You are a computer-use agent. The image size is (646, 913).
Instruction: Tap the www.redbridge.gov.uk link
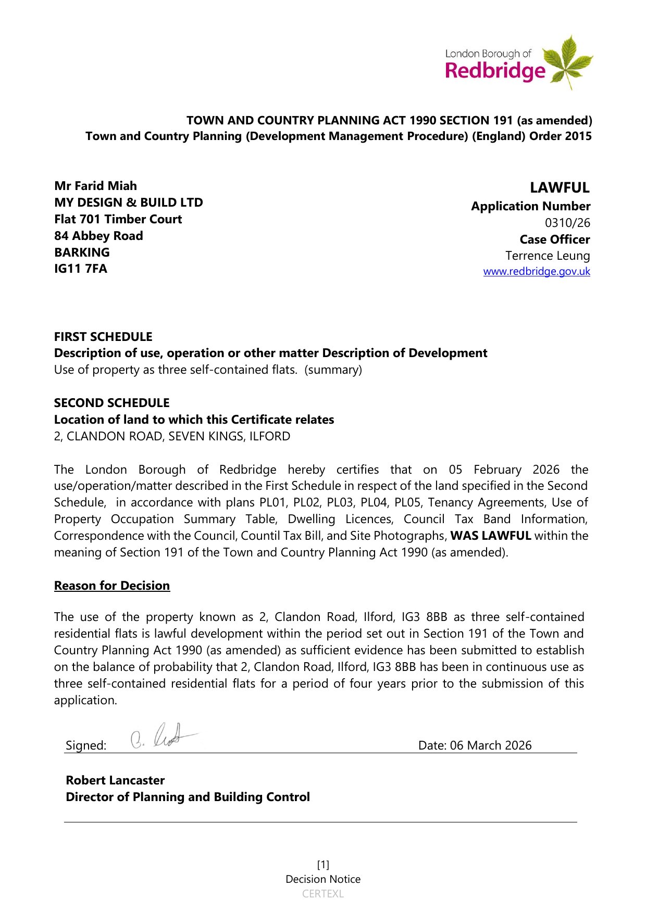tap(537, 272)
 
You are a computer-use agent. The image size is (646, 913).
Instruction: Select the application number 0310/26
tap(567, 223)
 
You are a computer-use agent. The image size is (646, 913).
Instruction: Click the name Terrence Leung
tap(548, 256)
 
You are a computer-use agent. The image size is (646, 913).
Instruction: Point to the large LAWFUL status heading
tap(560, 187)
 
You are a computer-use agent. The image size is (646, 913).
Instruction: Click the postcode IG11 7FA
tap(81, 269)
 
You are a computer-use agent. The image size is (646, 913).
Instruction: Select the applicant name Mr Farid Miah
tap(95, 186)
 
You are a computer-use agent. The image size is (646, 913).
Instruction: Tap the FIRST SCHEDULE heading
tap(103, 337)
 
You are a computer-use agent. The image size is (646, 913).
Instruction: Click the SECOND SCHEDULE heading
tap(111, 403)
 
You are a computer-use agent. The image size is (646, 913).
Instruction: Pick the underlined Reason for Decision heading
tap(112, 586)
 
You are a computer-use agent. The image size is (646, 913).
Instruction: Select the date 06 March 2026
tap(491, 745)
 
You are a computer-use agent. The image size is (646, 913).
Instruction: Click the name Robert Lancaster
tap(115, 780)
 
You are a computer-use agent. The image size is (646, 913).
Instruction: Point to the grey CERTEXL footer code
tap(323, 894)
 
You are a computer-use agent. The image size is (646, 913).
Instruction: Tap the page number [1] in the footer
tap(323, 865)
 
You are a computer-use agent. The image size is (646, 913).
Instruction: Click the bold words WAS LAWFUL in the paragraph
tap(490, 536)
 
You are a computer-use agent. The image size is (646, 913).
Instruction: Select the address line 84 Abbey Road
tap(98, 236)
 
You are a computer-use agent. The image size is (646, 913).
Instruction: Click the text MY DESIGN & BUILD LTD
tap(129, 202)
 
